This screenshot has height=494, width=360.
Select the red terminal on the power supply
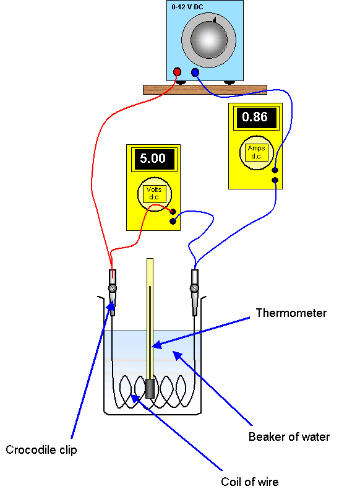point(177,72)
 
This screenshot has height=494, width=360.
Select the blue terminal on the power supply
point(195,72)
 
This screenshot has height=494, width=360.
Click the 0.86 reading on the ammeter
point(255,117)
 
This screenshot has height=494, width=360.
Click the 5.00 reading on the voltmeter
point(153,158)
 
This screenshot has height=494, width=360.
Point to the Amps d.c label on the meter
point(256,152)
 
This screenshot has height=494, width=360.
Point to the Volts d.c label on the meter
point(154,193)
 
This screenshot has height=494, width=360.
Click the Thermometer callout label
point(291,313)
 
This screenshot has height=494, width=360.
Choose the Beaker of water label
point(289,436)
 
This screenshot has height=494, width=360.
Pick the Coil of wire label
point(250,482)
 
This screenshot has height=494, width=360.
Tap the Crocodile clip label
point(41,450)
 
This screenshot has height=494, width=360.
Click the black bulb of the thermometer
point(150,389)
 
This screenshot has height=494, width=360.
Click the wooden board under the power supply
point(205,90)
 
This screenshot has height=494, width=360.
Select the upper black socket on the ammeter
point(275,170)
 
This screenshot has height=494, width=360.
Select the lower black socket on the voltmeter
point(173,221)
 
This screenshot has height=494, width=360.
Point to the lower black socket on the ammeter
point(275,180)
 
